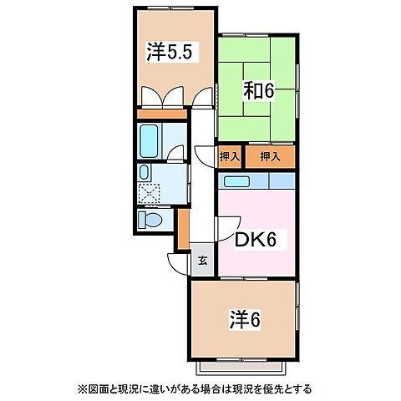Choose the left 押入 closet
click(x=230, y=155)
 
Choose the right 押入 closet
click(x=269, y=155)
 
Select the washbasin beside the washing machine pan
click(x=145, y=173)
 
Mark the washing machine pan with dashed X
click(x=150, y=193)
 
